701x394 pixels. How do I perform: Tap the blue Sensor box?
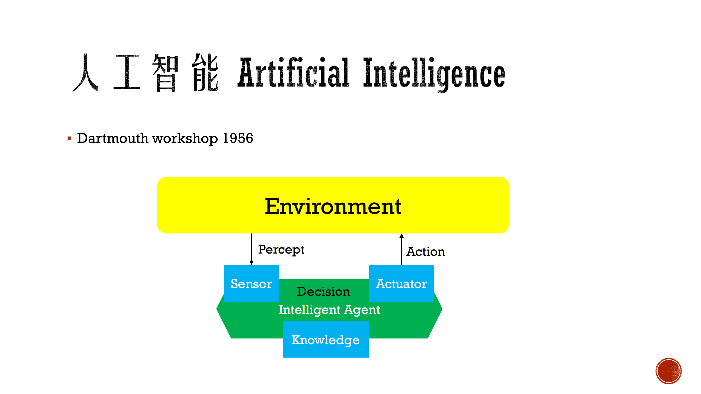coord(251,283)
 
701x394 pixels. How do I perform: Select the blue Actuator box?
coord(401,283)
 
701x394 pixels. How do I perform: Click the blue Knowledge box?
coord(325,340)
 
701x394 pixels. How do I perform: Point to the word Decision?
coord(323,291)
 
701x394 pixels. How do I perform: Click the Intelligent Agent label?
coord(329,310)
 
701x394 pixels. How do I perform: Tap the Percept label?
coord(281,249)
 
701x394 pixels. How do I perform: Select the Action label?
coord(425,252)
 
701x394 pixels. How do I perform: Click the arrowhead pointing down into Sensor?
coord(251,263)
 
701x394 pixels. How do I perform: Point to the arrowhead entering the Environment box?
coord(402,236)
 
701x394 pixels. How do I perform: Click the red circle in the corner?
coord(668,371)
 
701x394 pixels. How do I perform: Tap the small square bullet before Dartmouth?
coord(70,139)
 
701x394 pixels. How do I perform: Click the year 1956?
coord(238,138)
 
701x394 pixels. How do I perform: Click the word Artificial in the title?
coord(293,73)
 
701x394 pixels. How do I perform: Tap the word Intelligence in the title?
coord(434,73)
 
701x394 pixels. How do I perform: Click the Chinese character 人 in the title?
coord(85,73)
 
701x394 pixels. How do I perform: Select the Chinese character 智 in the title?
coord(165,73)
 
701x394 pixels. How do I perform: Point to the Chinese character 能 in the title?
coord(205,73)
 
